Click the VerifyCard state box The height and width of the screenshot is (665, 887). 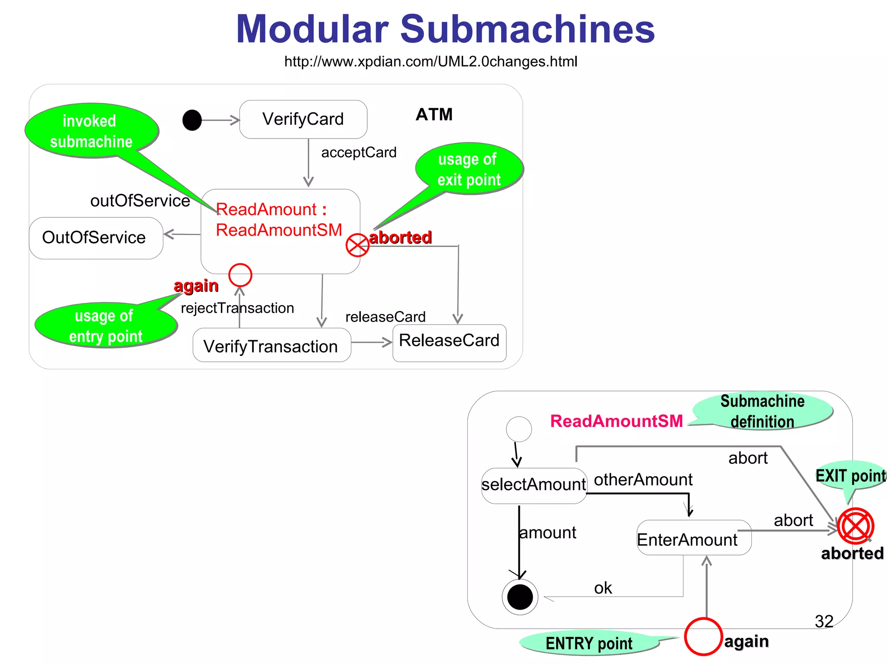click(x=303, y=119)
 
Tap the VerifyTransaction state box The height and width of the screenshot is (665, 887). click(x=271, y=345)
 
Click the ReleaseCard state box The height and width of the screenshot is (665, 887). click(x=449, y=342)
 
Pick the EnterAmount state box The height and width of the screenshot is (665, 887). click(x=693, y=538)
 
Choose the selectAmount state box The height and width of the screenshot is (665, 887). click(x=534, y=485)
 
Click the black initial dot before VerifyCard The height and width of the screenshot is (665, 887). click(x=192, y=120)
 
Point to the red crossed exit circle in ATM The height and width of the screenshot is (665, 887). click(x=357, y=245)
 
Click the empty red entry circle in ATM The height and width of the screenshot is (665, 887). click(x=240, y=275)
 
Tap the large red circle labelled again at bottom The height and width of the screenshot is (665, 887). click(x=703, y=636)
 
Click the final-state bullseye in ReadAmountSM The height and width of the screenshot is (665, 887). click(x=520, y=597)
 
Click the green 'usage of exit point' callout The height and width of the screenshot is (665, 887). click(x=469, y=169)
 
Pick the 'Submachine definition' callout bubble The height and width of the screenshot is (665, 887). click(x=762, y=411)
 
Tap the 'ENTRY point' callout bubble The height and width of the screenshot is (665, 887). click(x=589, y=643)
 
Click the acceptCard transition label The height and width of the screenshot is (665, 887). click(x=359, y=152)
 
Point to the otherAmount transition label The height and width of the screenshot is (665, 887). click(x=643, y=480)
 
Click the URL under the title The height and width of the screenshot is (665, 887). click(x=431, y=61)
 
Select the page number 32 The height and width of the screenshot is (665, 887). click(x=824, y=622)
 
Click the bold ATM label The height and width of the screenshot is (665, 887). click(x=434, y=115)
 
